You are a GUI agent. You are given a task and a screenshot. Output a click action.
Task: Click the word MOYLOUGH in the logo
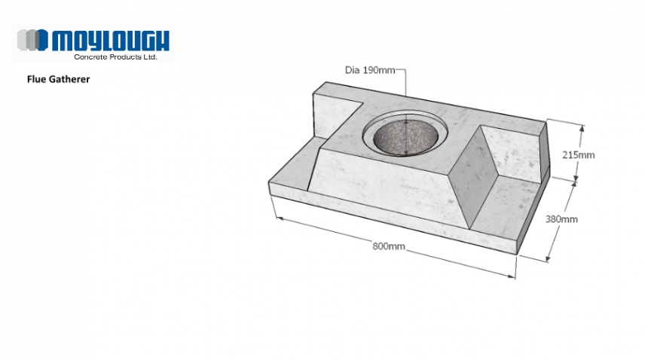click(x=112, y=40)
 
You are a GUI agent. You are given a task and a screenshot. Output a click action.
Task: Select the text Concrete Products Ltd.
click(x=115, y=56)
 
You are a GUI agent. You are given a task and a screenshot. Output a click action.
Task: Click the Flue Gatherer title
click(x=58, y=78)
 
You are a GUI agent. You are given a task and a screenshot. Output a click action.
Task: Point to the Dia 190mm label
click(x=369, y=71)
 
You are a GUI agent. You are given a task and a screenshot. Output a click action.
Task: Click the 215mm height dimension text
click(x=579, y=155)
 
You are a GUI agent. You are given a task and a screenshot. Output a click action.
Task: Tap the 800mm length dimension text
click(x=387, y=246)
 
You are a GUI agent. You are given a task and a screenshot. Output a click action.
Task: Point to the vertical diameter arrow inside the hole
click(x=407, y=136)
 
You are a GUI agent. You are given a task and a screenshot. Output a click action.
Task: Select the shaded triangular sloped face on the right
click(x=471, y=181)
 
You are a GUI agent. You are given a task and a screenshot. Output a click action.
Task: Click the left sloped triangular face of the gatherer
click(x=316, y=169)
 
